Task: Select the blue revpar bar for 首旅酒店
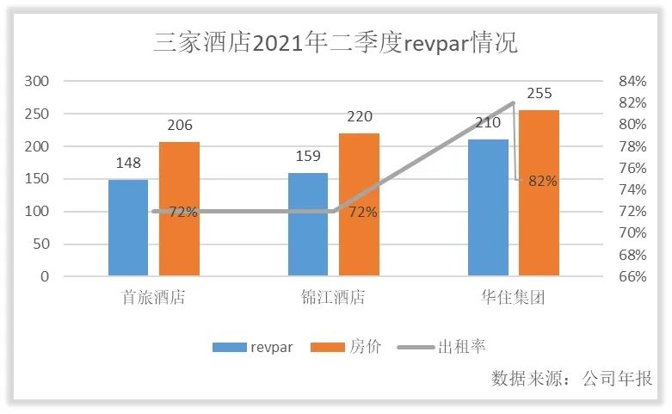(128, 228)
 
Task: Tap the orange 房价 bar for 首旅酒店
(179, 209)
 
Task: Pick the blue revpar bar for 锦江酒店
(308, 224)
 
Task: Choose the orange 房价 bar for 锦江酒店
(359, 205)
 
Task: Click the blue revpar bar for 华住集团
(488, 207)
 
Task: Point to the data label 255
(539, 94)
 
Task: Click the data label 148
(128, 164)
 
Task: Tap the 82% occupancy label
(543, 181)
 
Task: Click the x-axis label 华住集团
(514, 298)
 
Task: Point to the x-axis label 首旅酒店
(154, 298)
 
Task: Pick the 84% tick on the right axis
(632, 81)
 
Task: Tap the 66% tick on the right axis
(632, 276)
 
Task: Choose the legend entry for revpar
(255, 347)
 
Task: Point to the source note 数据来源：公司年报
(571, 379)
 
